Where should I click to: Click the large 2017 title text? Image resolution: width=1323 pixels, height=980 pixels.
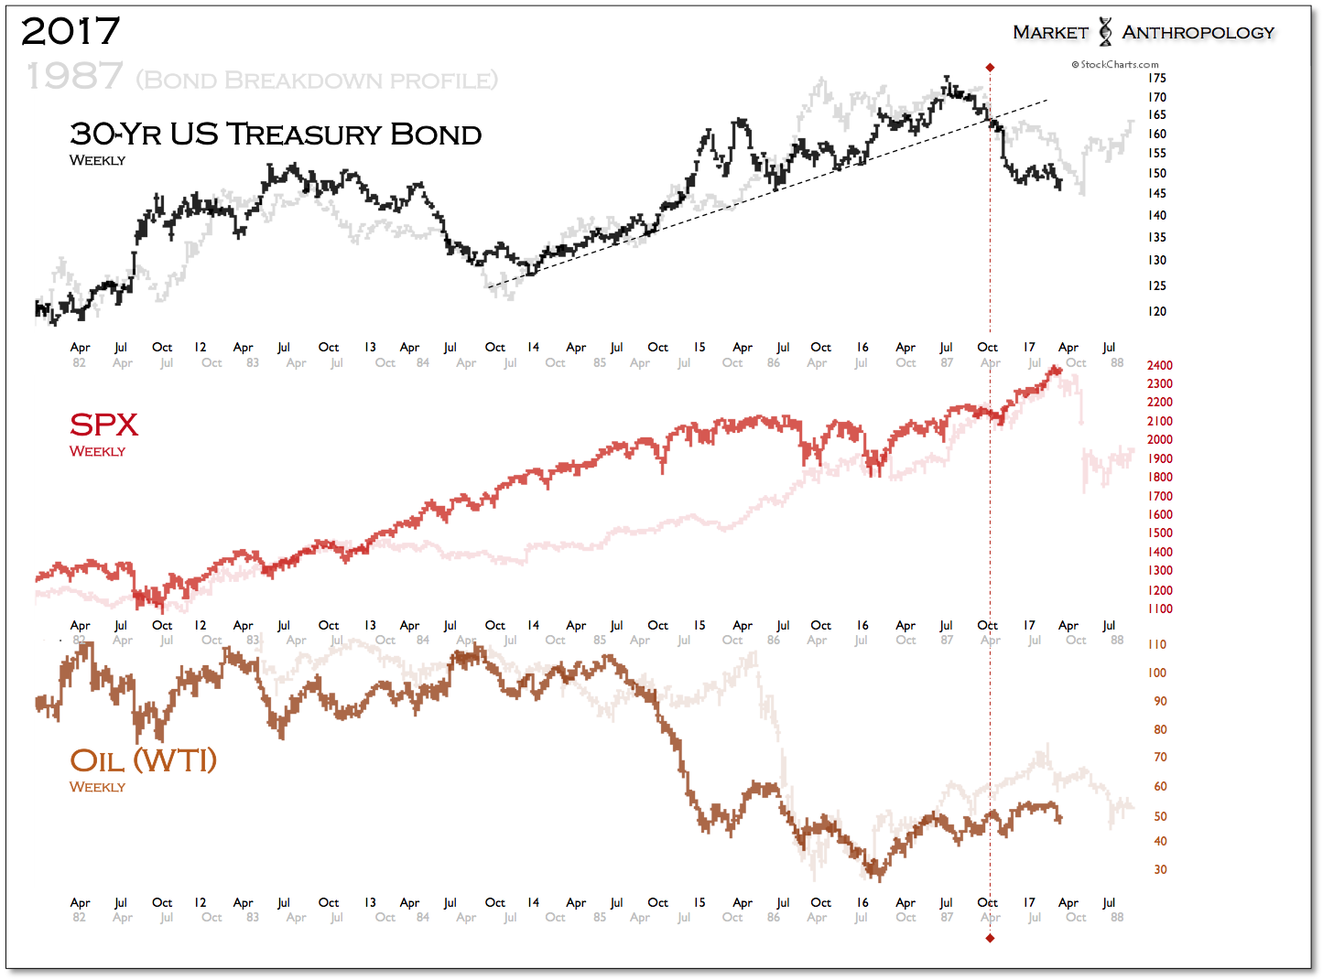pyautogui.click(x=70, y=32)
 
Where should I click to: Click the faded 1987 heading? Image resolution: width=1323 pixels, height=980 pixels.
pyautogui.click(x=74, y=77)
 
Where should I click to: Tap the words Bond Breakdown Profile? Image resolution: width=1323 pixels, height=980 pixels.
pyautogui.click(x=317, y=81)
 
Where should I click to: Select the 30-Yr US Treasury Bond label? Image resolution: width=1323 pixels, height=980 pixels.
pyautogui.click(x=276, y=135)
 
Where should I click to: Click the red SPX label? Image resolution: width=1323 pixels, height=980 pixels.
pyautogui.click(x=103, y=425)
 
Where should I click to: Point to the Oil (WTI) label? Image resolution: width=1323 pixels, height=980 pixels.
pyautogui.click(x=143, y=760)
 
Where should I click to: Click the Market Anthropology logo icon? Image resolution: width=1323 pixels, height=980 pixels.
pyautogui.click(x=1105, y=32)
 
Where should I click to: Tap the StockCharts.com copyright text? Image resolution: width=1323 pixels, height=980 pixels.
pyautogui.click(x=1115, y=64)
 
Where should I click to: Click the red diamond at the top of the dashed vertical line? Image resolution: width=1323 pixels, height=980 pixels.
pyautogui.click(x=990, y=68)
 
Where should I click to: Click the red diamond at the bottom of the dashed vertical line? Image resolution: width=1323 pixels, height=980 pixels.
pyautogui.click(x=990, y=938)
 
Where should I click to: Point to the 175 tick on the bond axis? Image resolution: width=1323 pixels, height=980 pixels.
pyautogui.click(x=1157, y=78)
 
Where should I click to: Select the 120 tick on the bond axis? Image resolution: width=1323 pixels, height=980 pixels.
pyautogui.click(x=1157, y=311)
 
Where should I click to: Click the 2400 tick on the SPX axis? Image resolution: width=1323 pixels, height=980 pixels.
pyautogui.click(x=1159, y=365)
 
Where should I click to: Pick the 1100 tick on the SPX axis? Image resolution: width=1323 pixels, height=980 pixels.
pyautogui.click(x=1159, y=608)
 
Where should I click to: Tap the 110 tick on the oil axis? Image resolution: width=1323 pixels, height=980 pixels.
pyautogui.click(x=1157, y=644)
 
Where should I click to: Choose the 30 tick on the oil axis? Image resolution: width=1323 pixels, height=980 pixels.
pyautogui.click(x=1160, y=869)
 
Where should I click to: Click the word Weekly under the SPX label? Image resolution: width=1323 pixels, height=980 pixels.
pyautogui.click(x=97, y=451)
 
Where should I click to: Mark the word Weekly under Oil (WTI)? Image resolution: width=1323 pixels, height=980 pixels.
pyautogui.click(x=97, y=787)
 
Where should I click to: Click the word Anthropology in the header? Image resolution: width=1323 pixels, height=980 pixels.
pyautogui.click(x=1198, y=33)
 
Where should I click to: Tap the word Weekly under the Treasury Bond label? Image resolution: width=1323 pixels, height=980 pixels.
pyautogui.click(x=97, y=160)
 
